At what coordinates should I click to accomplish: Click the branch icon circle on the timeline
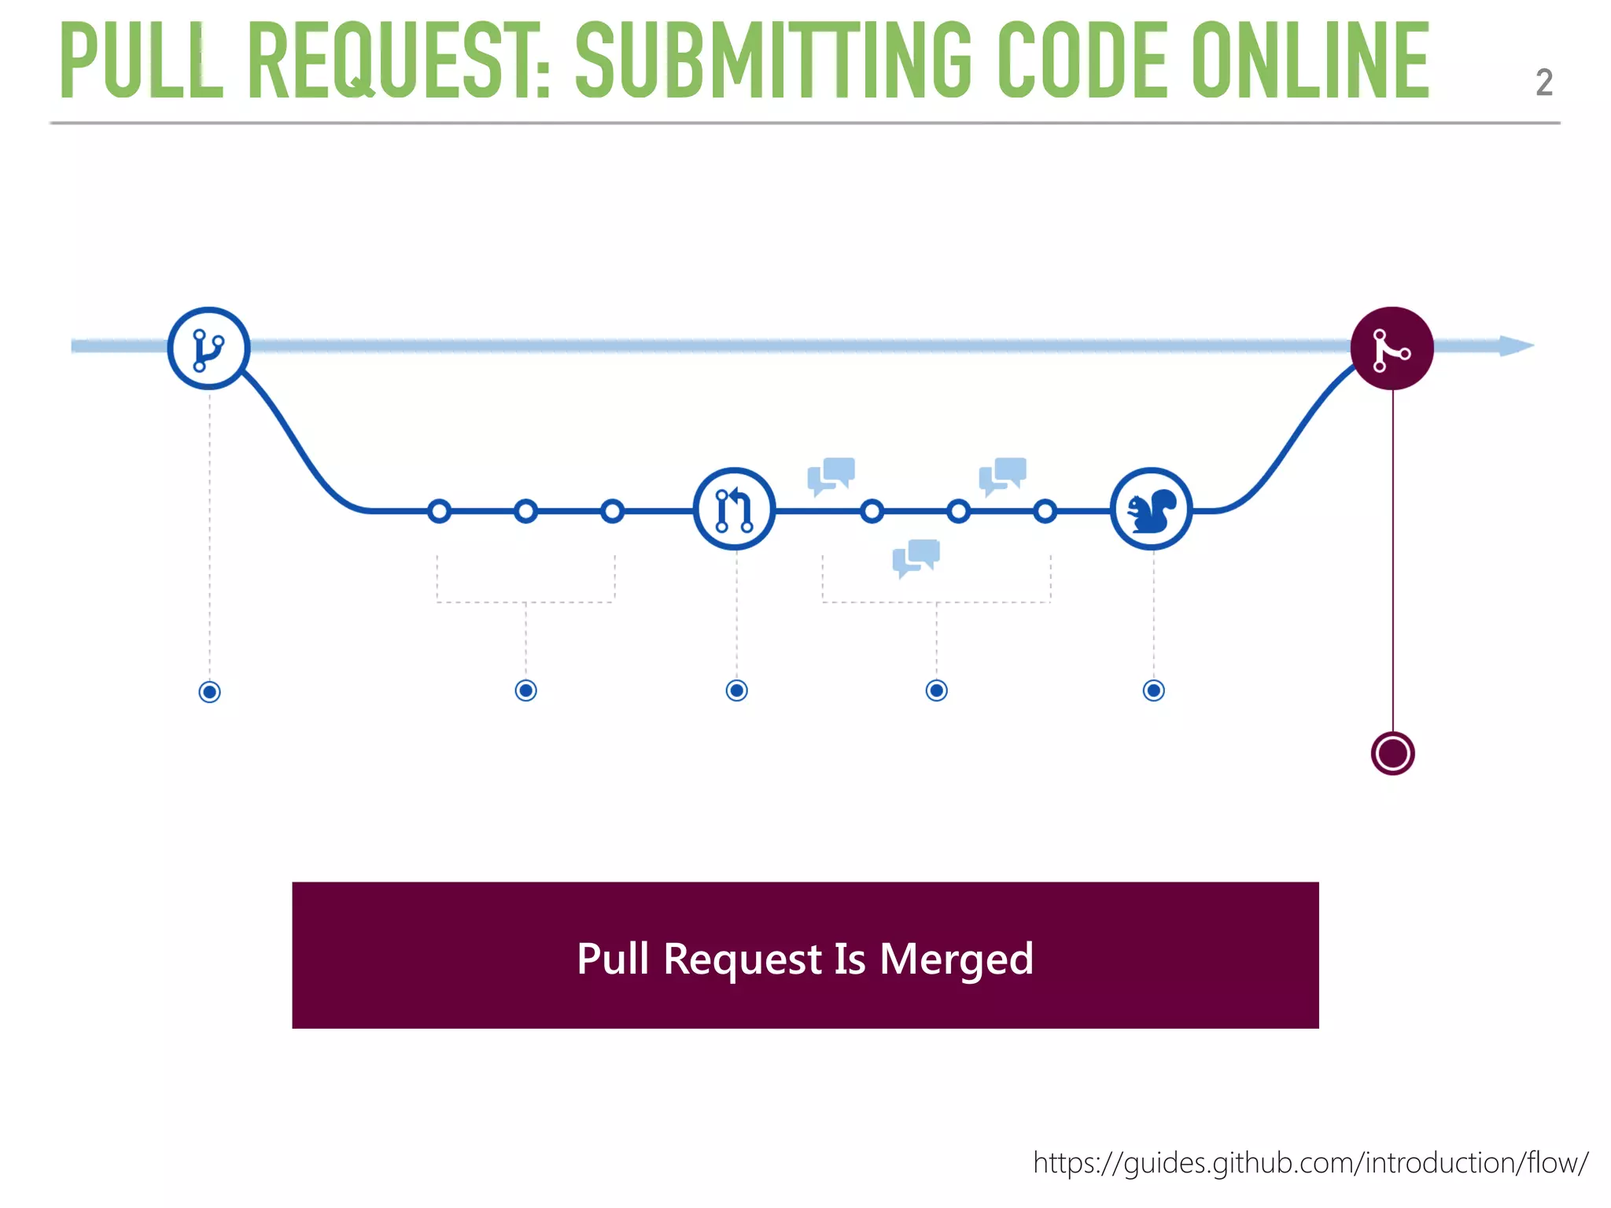point(208,348)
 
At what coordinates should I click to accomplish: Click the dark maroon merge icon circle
point(1392,348)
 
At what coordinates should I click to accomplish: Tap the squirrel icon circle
point(1151,510)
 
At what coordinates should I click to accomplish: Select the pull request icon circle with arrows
point(734,510)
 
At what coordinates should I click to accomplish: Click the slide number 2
point(1543,83)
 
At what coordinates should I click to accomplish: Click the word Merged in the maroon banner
point(956,959)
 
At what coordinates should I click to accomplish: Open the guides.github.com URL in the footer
point(1310,1162)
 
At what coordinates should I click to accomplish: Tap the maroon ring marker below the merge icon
point(1392,753)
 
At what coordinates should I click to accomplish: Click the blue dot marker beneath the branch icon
point(209,692)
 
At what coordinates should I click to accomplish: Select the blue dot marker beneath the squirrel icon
point(1153,691)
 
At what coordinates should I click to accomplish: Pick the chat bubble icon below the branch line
point(916,558)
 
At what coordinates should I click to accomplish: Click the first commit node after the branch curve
point(439,511)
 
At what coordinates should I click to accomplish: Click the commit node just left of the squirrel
point(1045,511)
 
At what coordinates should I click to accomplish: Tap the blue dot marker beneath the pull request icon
point(736,691)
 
